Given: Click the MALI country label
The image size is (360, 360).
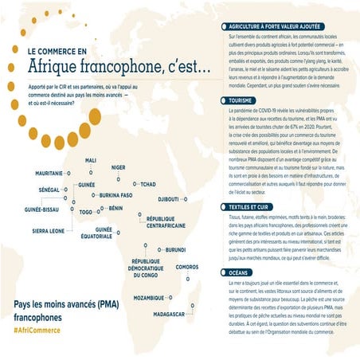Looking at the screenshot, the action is (x=91, y=160).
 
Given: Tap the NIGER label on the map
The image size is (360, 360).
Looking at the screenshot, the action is (x=118, y=167).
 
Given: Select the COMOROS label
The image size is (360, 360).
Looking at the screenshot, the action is (x=186, y=267).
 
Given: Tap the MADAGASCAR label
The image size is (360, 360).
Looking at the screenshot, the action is (x=169, y=314).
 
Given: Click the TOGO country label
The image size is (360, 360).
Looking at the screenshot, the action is (x=86, y=213).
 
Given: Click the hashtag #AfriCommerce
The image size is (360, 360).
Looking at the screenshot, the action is (x=37, y=329).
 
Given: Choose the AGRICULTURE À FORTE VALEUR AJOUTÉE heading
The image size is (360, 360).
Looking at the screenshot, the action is (x=280, y=26).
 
